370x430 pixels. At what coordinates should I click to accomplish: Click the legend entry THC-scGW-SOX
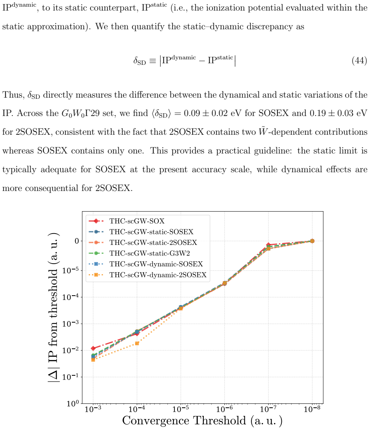[126, 221]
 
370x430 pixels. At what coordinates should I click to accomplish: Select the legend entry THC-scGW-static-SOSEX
[141, 232]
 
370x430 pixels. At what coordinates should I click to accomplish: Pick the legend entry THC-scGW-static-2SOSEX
[143, 243]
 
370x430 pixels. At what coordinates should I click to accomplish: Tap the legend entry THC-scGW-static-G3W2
[139, 253]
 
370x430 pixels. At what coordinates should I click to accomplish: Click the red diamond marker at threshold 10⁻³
[93, 348]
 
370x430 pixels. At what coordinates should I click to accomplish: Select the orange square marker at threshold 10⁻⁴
[137, 343]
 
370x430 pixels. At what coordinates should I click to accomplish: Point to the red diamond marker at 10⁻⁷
[269, 244]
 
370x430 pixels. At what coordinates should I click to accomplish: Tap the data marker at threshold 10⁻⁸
[312, 241]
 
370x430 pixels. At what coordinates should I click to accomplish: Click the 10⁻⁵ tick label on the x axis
[181, 409]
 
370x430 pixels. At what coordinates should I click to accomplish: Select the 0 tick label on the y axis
[77, 241]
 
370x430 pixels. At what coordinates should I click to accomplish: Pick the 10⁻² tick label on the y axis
[71, 350]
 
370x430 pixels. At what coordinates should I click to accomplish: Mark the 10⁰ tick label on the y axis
[73, 403]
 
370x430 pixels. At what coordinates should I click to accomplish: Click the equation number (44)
[359, 60]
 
